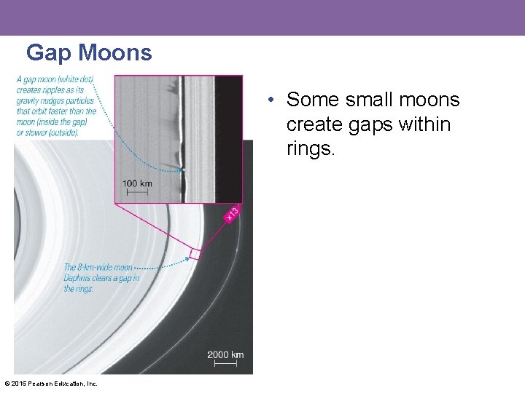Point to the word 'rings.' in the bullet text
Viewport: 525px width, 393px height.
pos(311,150)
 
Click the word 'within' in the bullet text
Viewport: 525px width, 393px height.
pos(426,124)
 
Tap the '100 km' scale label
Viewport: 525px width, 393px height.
pos(137,183)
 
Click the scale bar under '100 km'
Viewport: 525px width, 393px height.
pos(137,192)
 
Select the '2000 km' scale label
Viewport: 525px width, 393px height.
pos(225,354)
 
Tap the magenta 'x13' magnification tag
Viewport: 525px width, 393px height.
pos(231,214)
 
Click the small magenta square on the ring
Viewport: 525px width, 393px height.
pos(195,253)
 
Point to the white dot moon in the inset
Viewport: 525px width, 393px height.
pos(183,170)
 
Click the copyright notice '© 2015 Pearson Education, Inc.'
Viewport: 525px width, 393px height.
pos(50,384)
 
